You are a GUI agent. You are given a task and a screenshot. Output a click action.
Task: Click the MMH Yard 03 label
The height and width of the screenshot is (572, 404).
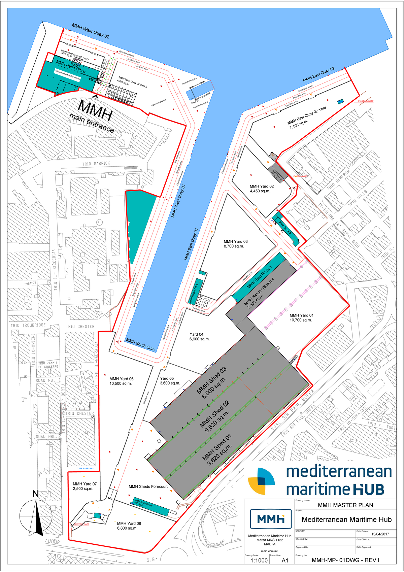(235, 244)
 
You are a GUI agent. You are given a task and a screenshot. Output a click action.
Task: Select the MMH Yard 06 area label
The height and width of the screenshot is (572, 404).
(121, 381)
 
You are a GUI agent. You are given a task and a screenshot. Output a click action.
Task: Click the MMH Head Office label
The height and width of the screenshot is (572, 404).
(71, 67)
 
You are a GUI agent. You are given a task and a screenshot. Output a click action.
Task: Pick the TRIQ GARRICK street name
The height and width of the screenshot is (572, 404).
(96, 164)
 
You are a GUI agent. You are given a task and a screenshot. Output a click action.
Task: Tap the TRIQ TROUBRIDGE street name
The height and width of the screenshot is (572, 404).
(28, 325)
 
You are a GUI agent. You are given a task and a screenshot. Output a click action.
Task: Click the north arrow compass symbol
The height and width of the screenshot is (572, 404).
(36, 515)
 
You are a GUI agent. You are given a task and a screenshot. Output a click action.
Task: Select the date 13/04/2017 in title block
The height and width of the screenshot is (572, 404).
(380, 534)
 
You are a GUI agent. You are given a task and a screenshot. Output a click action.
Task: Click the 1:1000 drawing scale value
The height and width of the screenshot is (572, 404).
(259, 561)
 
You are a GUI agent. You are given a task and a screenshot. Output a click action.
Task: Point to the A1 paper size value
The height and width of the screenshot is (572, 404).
(285, 561)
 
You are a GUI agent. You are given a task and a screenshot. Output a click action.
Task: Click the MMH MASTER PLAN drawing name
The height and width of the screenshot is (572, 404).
(345, 505)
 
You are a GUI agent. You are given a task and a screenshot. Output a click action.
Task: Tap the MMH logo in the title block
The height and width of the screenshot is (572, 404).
(271, 519)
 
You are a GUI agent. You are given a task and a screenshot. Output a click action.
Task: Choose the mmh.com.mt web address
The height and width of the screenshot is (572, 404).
(269, 551)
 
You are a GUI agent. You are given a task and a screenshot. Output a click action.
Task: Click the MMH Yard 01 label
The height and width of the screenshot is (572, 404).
(301, 317)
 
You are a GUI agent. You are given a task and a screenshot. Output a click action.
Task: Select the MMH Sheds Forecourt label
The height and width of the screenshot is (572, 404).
(148, 486)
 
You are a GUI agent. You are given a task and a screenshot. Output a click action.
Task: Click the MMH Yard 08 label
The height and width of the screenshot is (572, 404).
(129, 526)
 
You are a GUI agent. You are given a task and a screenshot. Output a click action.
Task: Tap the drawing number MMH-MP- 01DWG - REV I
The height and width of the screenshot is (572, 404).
(345, 560)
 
